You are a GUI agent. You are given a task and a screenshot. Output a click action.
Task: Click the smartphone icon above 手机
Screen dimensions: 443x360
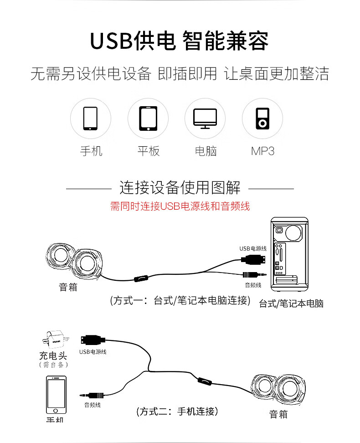point(90,118)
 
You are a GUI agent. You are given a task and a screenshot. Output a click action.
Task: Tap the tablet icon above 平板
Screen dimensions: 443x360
point(148,118)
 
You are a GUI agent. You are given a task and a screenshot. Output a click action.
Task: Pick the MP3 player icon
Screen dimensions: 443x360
point(262,118)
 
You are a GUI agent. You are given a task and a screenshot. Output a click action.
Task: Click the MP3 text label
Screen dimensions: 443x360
point(262,151)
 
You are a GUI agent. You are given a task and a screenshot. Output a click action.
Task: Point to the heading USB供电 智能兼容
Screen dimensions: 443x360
point(179,41)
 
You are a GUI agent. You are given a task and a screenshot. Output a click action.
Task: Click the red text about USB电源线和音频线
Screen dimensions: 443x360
point(180,206)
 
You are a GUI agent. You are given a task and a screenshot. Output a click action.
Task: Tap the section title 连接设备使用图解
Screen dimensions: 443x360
point(180,187)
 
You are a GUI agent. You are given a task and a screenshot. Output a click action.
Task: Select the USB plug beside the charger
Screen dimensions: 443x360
point(91,340)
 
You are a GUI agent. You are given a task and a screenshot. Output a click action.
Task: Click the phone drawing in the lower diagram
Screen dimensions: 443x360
point(56,396)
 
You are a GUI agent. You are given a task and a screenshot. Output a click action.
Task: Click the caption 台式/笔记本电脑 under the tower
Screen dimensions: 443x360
point(291,304)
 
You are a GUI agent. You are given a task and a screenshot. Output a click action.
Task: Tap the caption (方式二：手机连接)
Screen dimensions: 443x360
point(177,411)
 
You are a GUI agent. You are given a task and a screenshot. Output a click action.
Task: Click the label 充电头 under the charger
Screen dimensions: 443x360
point(53,355)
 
